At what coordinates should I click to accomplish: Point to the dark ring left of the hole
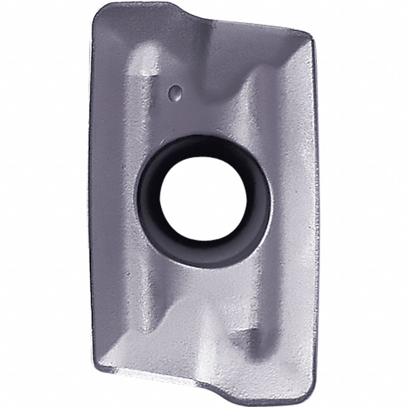tap(149, 203)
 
